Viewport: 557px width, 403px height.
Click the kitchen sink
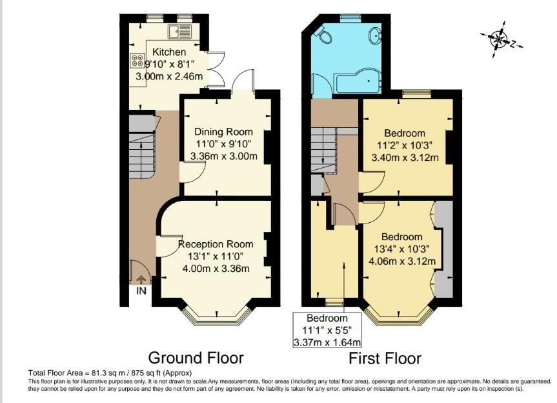click(179, 31)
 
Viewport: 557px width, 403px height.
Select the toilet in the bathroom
click(323, 35)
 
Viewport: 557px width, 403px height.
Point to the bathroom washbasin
click(375, 35)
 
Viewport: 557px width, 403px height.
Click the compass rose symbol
click(500, 39)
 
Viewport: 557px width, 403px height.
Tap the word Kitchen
click(169, 52)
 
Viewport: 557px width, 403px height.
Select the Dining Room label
click(223, 132)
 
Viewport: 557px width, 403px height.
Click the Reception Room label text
click(216, 244)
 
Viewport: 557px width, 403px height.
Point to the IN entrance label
click(141, 291)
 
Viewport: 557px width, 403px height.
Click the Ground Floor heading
click(196, 358)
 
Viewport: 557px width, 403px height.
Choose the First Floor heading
click(385, 358)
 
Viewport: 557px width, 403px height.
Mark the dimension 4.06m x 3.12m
click(402, 262)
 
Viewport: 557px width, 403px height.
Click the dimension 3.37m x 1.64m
click(327, 342)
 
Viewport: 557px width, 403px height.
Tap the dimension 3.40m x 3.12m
click(405, 157)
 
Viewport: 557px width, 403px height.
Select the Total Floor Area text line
click(110, 373)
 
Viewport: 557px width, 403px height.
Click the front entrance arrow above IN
click(141, 280)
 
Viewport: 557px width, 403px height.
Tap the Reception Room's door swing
click(169, 245)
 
